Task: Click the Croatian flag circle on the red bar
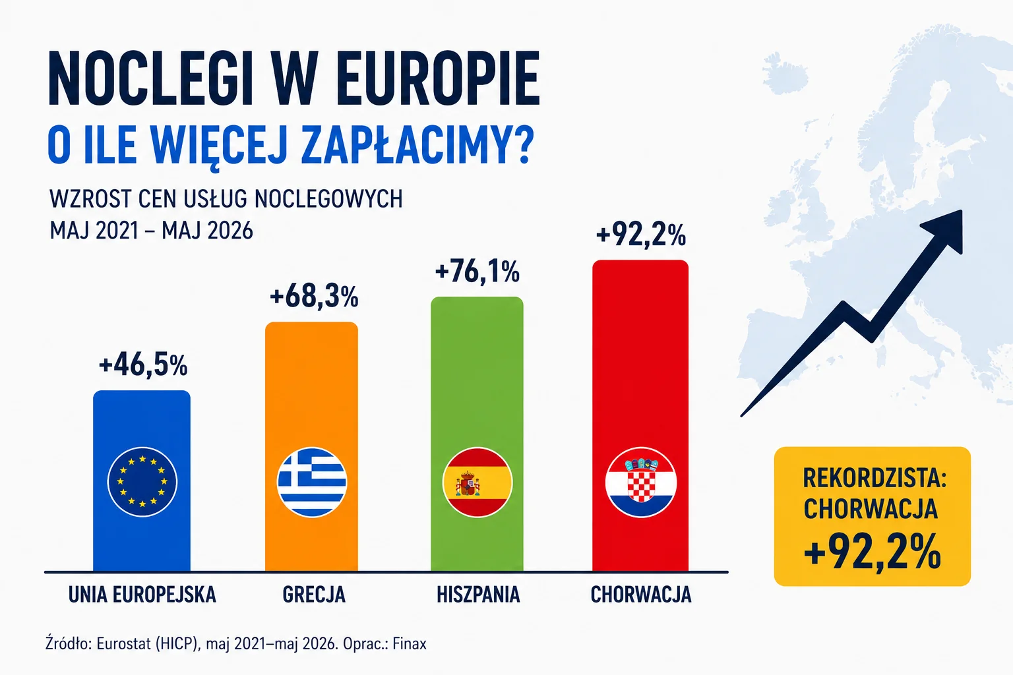(641, 482)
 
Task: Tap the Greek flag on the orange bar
(312, 482)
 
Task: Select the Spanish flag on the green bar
(477, 482)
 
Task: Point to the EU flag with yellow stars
(142, 482)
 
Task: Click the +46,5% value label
(143, 365)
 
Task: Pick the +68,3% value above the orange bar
(314, 297)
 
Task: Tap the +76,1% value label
(477, 272)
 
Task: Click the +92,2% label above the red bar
(641, 235)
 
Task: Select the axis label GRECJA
(314, 594)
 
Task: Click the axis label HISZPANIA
(478, 594)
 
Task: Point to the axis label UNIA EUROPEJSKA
(142, 594)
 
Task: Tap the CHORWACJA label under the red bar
(641, 594)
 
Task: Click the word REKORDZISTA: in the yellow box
(875, 478)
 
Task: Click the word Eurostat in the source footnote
(124, 643)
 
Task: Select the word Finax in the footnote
(410, 643)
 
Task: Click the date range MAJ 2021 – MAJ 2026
(151, 231)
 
